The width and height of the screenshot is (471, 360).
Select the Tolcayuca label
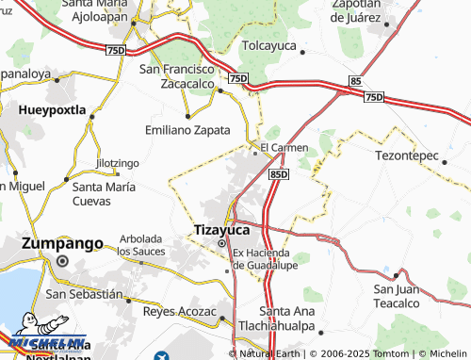coord(271,44)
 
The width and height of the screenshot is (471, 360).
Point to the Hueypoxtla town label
coord(53,110)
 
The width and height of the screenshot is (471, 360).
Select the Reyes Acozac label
coord(179,310)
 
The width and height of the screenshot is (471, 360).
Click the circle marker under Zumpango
coord(62,261)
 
